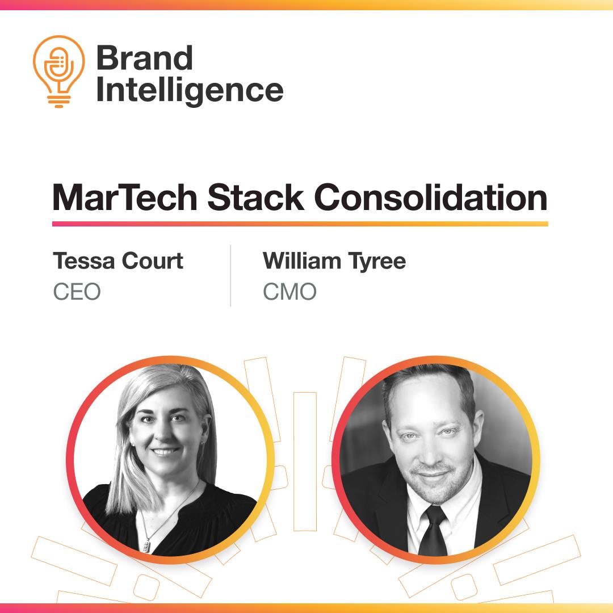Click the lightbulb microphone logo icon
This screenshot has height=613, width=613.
tap(58, 71)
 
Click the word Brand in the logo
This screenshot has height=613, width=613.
tap(145, 57)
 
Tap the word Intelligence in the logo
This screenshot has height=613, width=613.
tap(190, 91)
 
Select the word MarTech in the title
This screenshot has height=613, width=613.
tap(125, 198)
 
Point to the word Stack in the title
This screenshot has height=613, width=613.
tap(255, 198)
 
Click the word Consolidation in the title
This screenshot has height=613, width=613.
tap(430, 198)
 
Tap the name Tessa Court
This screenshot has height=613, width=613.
tap(118, 261)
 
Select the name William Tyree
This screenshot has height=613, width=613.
tap(334, 262)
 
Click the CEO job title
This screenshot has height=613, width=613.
tap(77, 292)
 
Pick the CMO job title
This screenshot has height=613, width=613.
tap(289, 292)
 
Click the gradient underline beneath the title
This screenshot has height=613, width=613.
tap(300, 224)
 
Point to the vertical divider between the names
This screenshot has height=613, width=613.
tap(230, 276)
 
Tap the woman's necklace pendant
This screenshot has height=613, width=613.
tap(146, 546)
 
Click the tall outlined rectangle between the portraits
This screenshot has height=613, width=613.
tap(305, 461)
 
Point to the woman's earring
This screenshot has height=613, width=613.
tap(203, 443)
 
